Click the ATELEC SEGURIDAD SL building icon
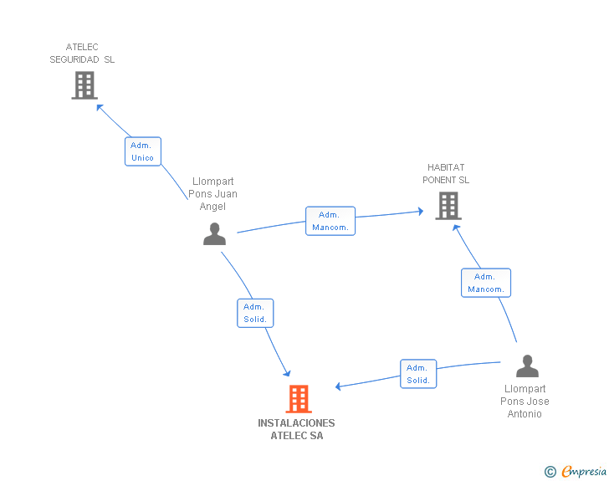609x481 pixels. click(x=84, y=85)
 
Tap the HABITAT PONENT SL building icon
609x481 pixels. click(x=448, y=206)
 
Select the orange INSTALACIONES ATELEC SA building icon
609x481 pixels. click(x=299, y=399)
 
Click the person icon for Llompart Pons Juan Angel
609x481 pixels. click(x=214, y=234)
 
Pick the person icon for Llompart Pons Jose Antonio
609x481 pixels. click(x=527, y=366)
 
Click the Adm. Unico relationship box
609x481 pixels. click(x=142, y=151)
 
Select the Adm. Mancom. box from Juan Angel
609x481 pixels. click(x=330, y=221)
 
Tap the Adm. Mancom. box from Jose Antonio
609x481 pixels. click(x=485, y=283)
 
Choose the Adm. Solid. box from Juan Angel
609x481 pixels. click(x=255, y=313)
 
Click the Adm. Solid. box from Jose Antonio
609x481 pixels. click(x=418, y=374)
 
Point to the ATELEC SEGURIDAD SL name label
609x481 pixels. click(x=82, y=54)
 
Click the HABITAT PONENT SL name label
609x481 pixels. click(x=446, y=174)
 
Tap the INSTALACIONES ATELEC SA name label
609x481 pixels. click(x=296, y=429)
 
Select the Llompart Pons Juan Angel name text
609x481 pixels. click(x=213, y=194)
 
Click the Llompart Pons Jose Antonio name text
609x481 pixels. click(x=525, y=402)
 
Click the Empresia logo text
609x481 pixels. click(x=583, y=472)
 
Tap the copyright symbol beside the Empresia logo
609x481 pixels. click(x=550, y=472)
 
